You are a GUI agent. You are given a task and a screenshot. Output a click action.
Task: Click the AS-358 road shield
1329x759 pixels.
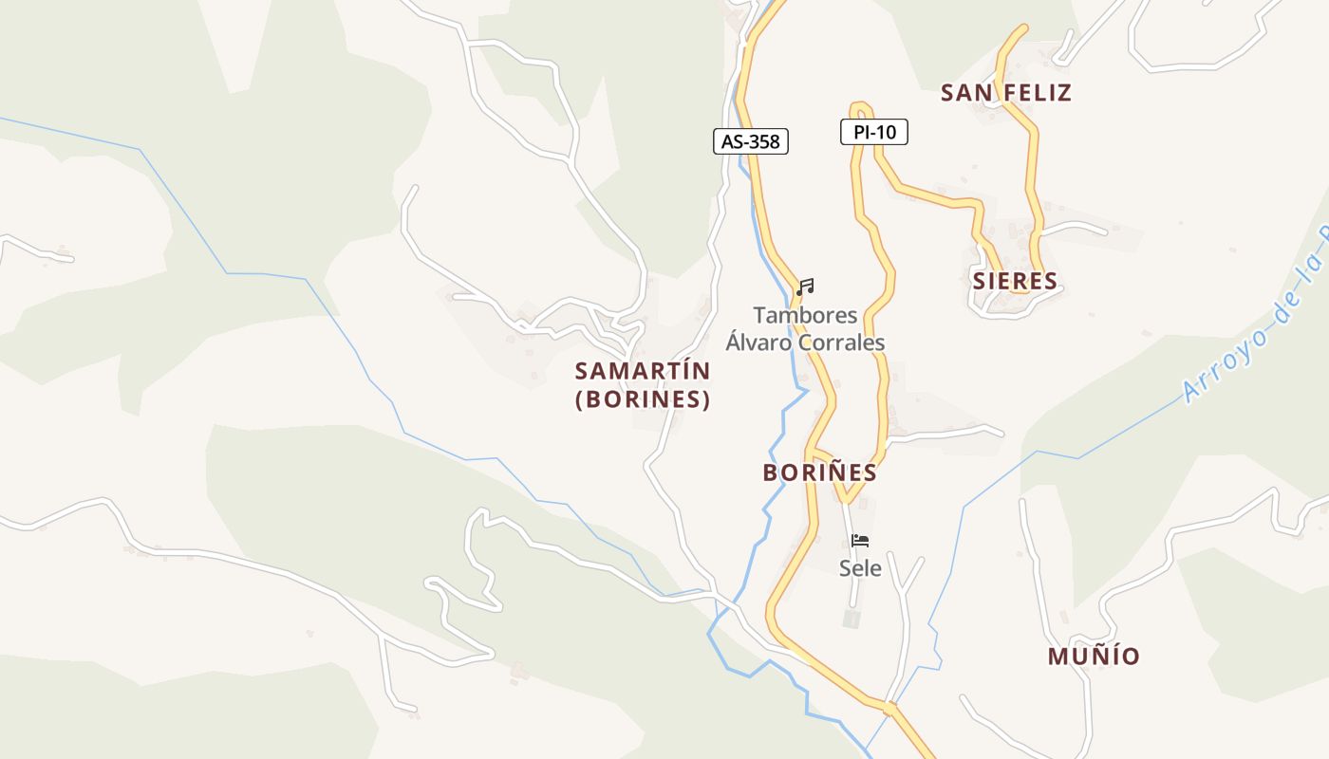751,142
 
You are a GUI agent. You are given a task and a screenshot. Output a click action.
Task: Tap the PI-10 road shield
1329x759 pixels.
873,132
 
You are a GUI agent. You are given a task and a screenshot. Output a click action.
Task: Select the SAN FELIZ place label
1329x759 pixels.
1005,93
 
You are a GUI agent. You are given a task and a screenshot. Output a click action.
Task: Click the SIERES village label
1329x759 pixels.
1014,281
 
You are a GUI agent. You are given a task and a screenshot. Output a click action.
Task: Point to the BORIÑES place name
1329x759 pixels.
819,472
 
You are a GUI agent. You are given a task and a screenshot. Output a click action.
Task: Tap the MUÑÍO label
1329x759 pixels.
1094,657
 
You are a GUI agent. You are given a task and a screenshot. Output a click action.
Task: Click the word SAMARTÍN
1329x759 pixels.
642,371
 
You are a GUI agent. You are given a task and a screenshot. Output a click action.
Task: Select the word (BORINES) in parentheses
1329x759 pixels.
643,399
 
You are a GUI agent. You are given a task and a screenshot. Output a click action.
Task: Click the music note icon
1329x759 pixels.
805,287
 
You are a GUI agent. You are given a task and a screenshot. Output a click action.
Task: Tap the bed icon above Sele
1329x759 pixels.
860,541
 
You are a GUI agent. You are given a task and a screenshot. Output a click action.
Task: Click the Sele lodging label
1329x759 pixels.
860,568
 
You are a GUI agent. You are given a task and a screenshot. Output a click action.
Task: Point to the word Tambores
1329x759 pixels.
805,315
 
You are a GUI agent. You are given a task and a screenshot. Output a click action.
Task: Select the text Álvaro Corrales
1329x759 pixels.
805,342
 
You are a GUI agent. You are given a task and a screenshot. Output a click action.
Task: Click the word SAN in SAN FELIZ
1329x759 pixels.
964,93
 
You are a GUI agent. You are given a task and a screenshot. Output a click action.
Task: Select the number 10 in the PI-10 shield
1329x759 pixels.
887,132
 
